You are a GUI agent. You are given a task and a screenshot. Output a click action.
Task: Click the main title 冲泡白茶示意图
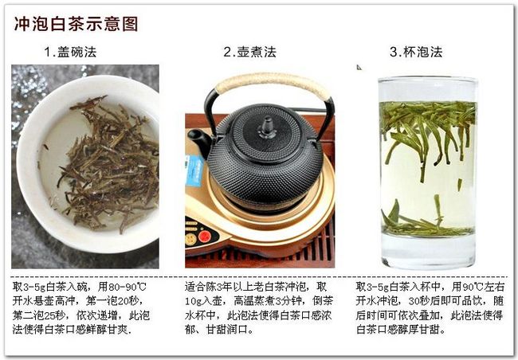[76, 24]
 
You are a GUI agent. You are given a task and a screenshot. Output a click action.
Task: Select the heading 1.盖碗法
[70, 52]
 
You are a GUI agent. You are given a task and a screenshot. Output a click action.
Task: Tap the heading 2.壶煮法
[249, 52]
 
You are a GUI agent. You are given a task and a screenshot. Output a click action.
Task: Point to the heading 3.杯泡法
[416, 52]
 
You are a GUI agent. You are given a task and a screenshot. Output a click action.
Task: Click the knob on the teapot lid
[267, 127]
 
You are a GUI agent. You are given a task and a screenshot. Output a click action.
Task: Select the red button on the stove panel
[205, 237]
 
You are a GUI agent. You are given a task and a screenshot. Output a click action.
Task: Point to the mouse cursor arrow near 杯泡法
[359, 67]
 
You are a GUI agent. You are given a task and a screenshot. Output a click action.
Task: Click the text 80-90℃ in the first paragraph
[128, 287]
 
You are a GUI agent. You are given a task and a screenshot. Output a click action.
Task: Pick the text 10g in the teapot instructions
[193, 301]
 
